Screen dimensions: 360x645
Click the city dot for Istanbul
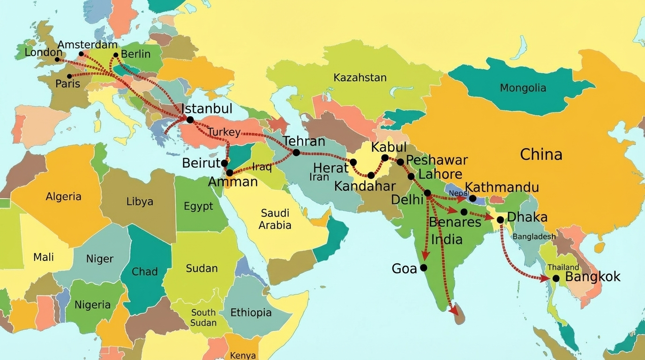190,120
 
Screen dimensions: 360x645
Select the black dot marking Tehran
296,152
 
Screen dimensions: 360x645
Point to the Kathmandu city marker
472,198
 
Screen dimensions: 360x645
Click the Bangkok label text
592,277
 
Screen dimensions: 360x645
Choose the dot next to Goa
424,268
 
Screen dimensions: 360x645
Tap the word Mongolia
523,88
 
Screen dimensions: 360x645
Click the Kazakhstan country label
360,78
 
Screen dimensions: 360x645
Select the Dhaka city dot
501,219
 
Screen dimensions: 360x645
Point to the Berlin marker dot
116,55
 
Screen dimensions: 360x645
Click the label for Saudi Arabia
275,219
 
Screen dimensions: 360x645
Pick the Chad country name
145,271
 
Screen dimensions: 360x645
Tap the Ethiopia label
251,312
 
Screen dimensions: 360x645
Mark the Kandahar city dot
371,175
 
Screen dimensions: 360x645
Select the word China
541,155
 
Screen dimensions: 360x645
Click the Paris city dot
69,76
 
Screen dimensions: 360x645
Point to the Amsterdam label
88,45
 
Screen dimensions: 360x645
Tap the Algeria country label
63,196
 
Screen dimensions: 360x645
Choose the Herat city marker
353,162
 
